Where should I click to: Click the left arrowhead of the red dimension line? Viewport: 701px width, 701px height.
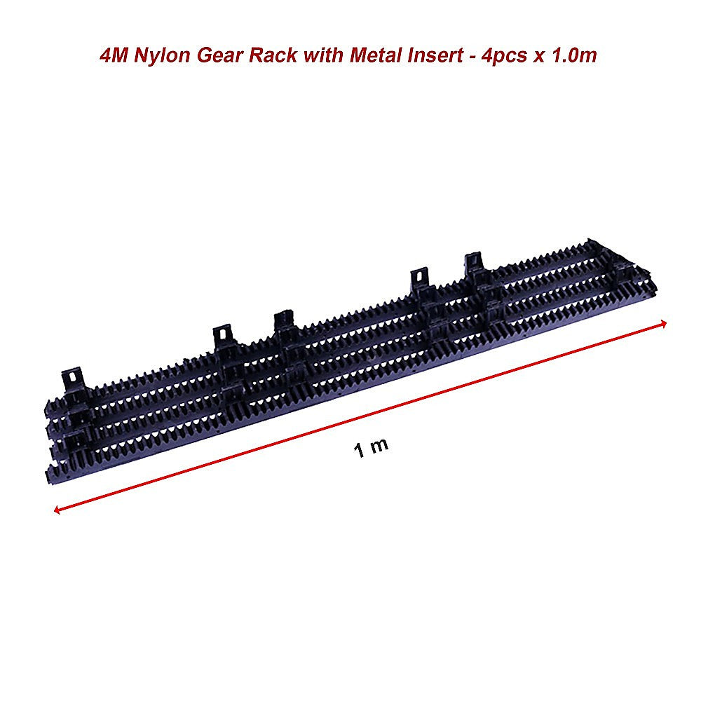(56, 510)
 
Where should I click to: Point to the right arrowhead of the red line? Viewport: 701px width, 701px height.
(662, 322)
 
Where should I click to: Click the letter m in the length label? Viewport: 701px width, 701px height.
(379, 446)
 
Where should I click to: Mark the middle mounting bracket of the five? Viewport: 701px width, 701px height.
(283, 320)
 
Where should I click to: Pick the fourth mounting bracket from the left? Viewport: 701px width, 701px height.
(419, 279)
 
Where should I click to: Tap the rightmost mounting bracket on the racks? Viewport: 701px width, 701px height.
(475, 264)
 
